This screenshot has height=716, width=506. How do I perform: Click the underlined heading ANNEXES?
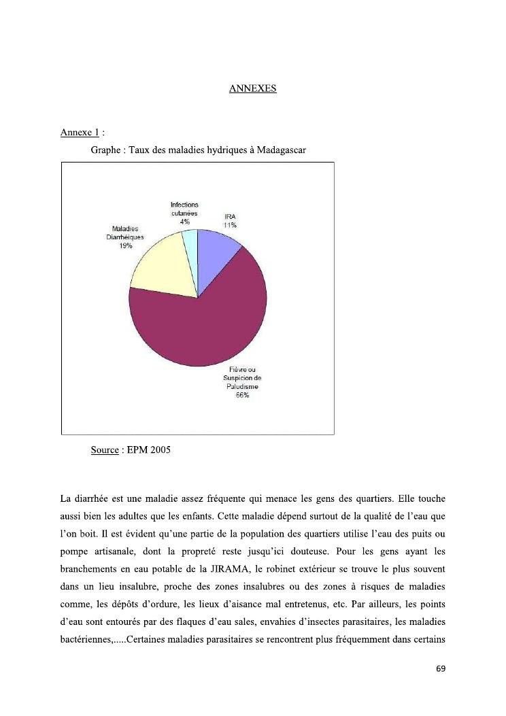coord(252,88)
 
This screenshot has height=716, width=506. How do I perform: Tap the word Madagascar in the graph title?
coord(282,150)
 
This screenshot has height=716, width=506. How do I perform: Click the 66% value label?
coord(242,396)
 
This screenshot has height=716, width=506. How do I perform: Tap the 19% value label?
coord(125,246)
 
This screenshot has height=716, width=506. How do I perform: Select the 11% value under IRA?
coord(230,224)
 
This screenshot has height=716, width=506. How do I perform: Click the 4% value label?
coord(184,222)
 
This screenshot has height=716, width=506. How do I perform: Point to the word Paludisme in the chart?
coord(242,387)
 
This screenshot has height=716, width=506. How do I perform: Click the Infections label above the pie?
coord(184,205)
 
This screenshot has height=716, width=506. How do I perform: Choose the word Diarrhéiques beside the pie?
coord(126,237)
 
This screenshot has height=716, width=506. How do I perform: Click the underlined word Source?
coord(105,450)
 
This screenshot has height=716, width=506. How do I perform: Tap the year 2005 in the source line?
coord(161,450)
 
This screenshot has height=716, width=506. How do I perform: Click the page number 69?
coord(441,669)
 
